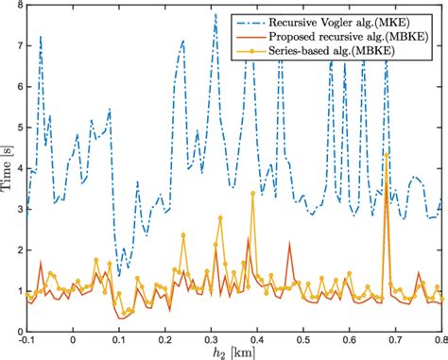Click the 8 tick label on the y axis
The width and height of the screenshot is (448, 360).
[18, 9]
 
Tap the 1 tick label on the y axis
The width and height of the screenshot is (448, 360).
[18, 291]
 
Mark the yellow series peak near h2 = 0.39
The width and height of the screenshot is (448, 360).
[252, 194]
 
